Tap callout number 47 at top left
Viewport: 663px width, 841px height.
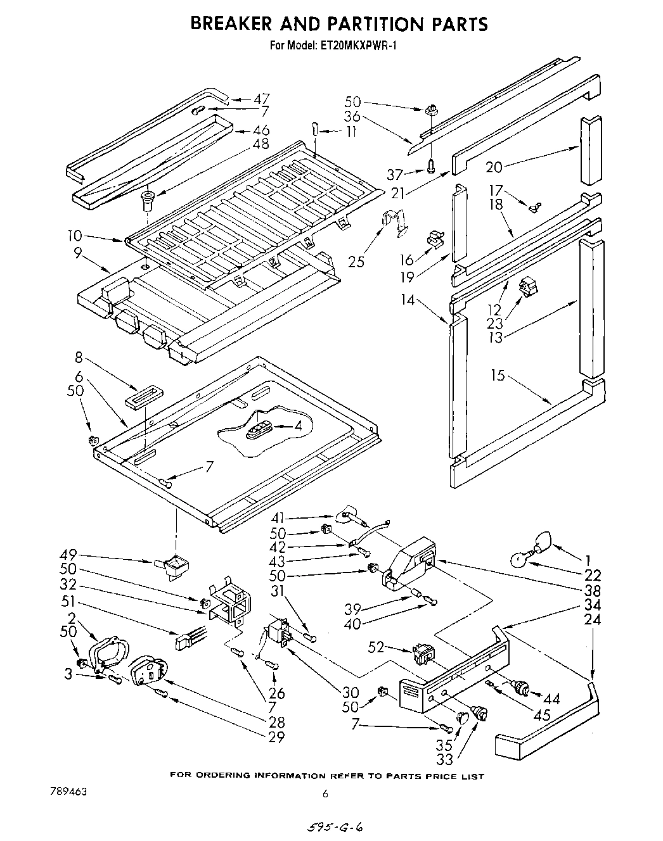pyautogui.click(x=261, y=99)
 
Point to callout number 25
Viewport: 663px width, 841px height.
pyautogui.click(x=356, y=261)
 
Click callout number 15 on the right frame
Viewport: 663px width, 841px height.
pyautogui.click(x=498, y=376)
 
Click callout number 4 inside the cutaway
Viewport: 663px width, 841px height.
pyautogui.click(x=297, y=427)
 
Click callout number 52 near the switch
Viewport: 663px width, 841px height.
pyautogui.click(x=377, y=646)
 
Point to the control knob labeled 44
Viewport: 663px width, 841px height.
pyautogui.click(x=522, y=686)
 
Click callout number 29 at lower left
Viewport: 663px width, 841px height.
pyautogui.click(x=276, y=737)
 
